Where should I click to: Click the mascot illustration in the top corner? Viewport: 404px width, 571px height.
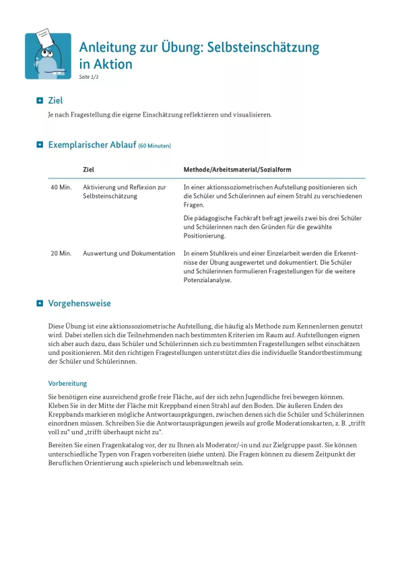point(48,56)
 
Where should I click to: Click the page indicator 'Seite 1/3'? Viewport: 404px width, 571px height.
point(89,77)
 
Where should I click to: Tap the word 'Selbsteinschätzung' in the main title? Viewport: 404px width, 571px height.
point(263,48)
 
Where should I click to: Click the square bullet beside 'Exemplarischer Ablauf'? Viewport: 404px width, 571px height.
point(40,144)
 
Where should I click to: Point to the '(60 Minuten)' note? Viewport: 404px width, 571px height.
point(154,145)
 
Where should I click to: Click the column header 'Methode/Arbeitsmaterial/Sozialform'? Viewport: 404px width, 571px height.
point(237,170)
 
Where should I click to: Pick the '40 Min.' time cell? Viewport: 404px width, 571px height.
point(61,187)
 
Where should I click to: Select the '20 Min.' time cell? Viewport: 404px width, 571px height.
point(61,253)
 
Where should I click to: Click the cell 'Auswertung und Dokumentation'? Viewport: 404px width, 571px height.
point(129,253)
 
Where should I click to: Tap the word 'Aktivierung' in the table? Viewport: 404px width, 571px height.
point(100,187)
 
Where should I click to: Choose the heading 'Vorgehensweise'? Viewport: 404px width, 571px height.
point(79,304)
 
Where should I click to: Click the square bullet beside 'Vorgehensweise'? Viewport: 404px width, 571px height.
point(40,304)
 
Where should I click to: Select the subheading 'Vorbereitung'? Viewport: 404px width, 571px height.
point(67,383)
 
